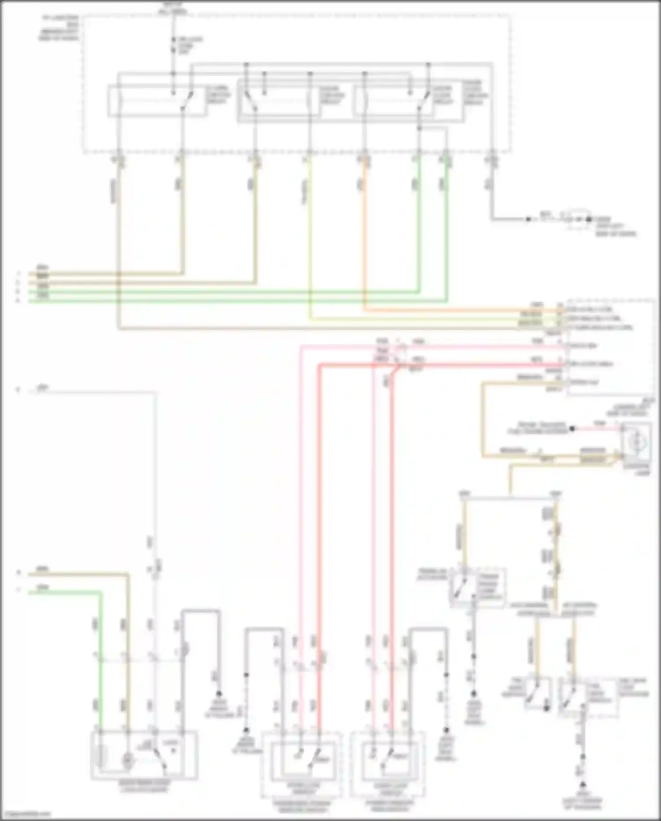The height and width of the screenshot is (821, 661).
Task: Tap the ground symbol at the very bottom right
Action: pyautogui.click(x=583, y=786)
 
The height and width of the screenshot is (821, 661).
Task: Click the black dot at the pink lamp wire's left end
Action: pyautogui.click(x=572, y=428)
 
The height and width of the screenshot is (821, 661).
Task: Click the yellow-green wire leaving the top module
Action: pyautogui.click(x=310, y=243)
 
